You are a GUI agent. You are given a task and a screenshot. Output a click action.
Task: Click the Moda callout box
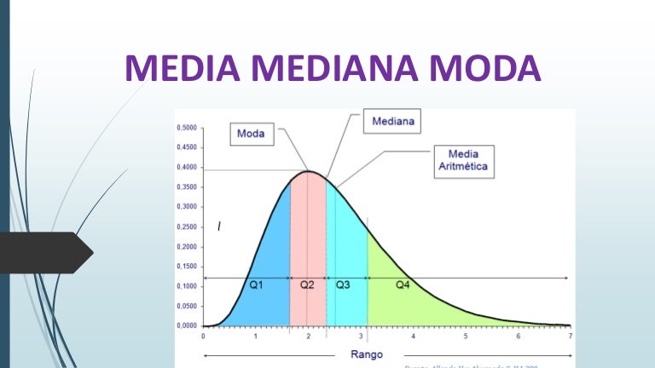pyautogui.click(x=251, y=134)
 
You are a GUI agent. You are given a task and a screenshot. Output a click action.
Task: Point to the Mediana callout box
pyautogui.click(x=393, y=122)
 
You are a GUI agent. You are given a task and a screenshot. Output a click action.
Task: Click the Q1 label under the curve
pyautogui.click(x=256, y=285)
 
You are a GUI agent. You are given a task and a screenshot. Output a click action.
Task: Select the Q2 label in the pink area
pyautogui.click(x=307, y=285)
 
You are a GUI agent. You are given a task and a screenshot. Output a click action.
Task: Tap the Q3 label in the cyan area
pyautogui.click(x=342, y=285)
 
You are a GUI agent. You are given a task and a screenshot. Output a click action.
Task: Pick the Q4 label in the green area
pyautogui.click(x=403, y=285)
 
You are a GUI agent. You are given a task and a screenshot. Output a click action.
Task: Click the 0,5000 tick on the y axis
pyautogui.click(x=186, y=128)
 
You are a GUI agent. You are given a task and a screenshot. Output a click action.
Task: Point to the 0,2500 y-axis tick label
pyautogui.click(x=186, y=227)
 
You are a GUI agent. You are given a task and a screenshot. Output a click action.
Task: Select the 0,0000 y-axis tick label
pyautogui.click(x=186, y=325)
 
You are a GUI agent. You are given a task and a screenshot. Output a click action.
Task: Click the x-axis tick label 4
pyautogui.click(x=413, y=337)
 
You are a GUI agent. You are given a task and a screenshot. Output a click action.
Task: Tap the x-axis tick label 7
pyautogui.click(x=571, y=337)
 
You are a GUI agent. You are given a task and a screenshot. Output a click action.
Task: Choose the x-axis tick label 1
pyautogui.click(x=255, y=337)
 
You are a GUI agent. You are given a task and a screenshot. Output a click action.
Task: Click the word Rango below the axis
pyautogui.click(x=367, y=354)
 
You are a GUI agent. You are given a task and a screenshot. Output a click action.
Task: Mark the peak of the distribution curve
pyautogui.click(x=310, y=172)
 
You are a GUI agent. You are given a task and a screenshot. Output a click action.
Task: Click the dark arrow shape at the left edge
pyautogui.click(x=47, y=252)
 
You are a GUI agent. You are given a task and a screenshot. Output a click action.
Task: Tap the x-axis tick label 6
pyautogui.click(x=518, y=337)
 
